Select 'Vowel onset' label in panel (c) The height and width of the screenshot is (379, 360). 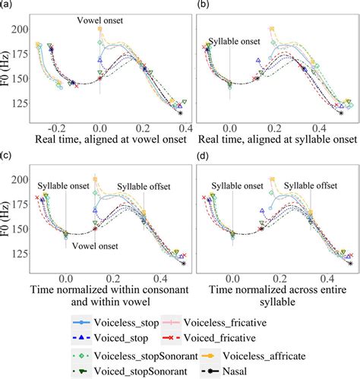coord(92,245)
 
